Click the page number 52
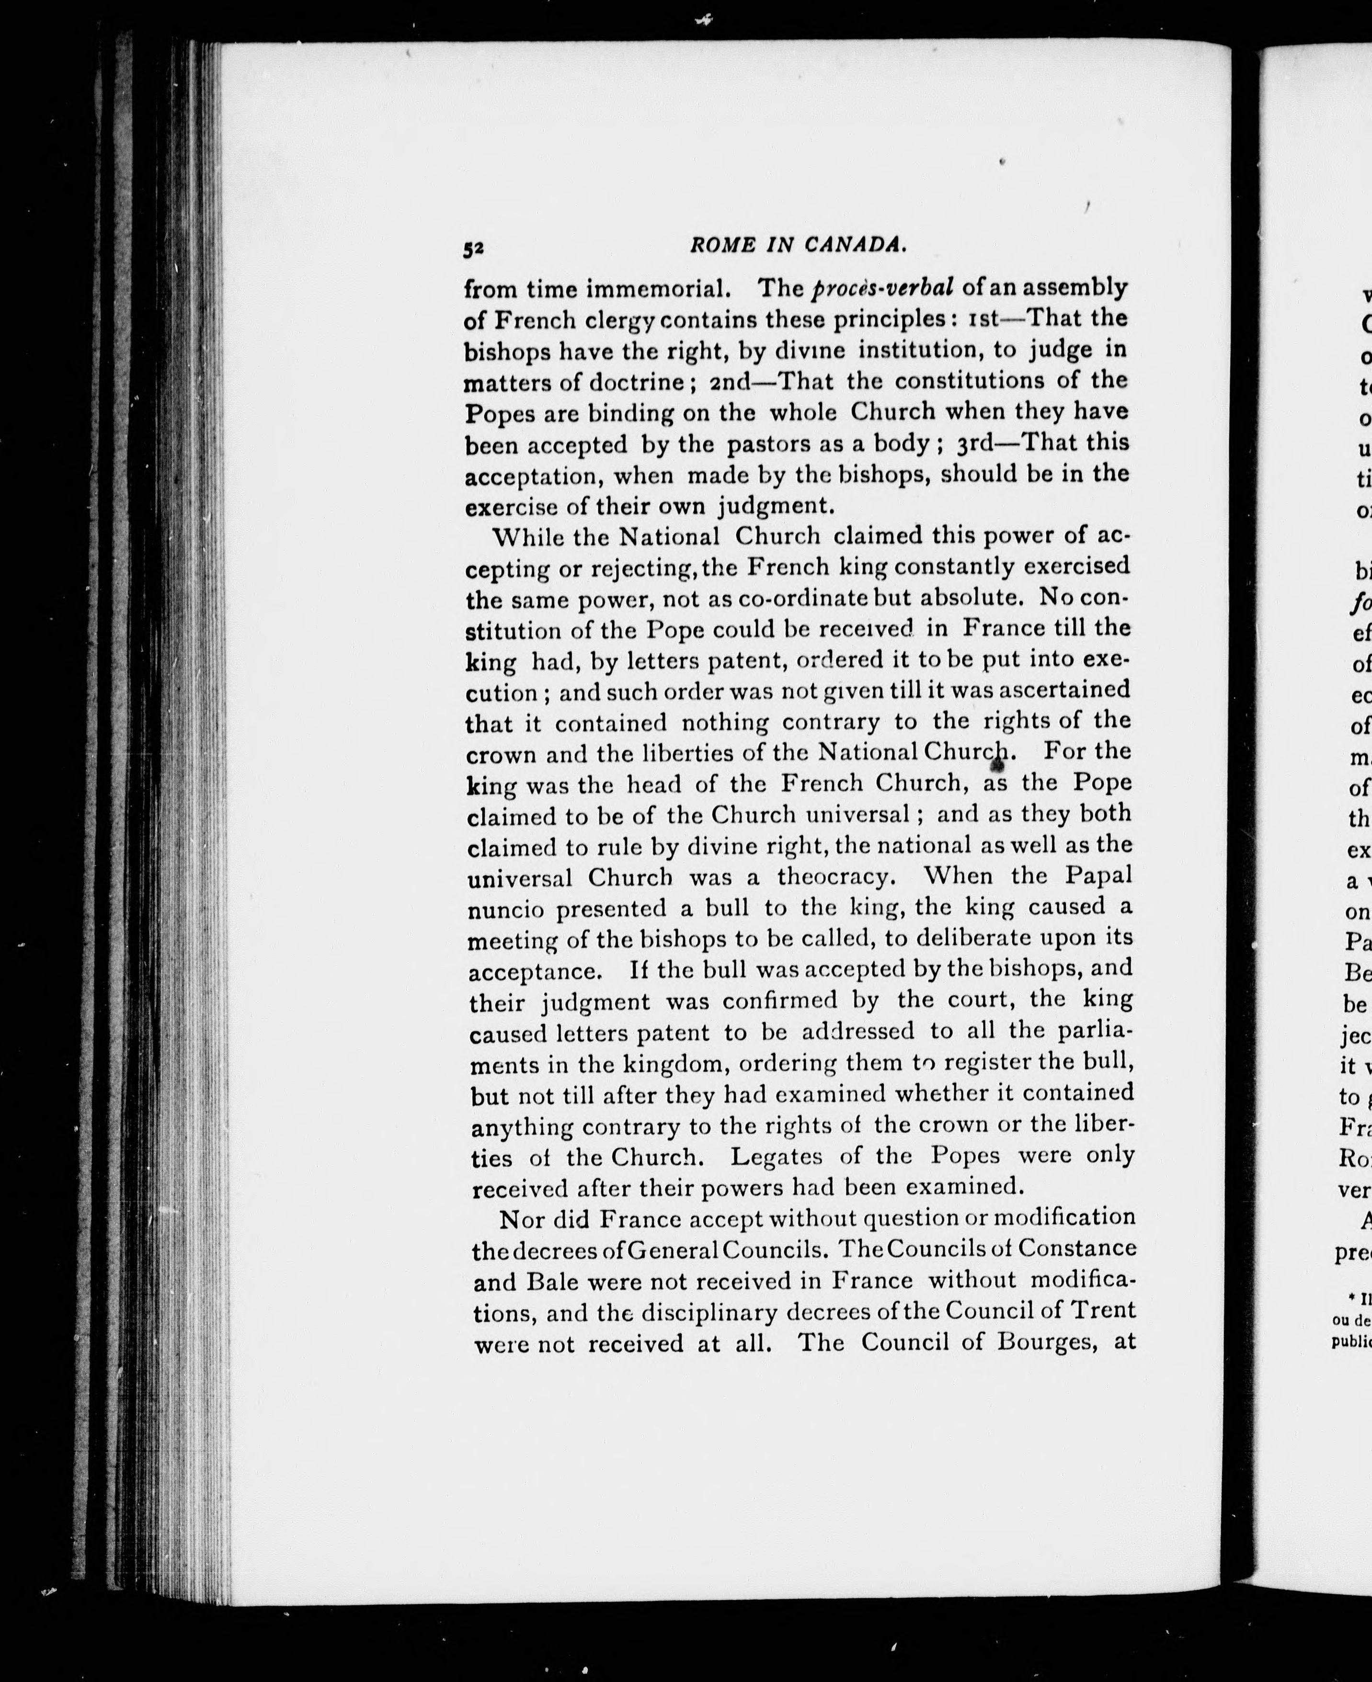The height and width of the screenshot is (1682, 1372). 473,248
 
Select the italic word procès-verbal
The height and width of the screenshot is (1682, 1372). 883,287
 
